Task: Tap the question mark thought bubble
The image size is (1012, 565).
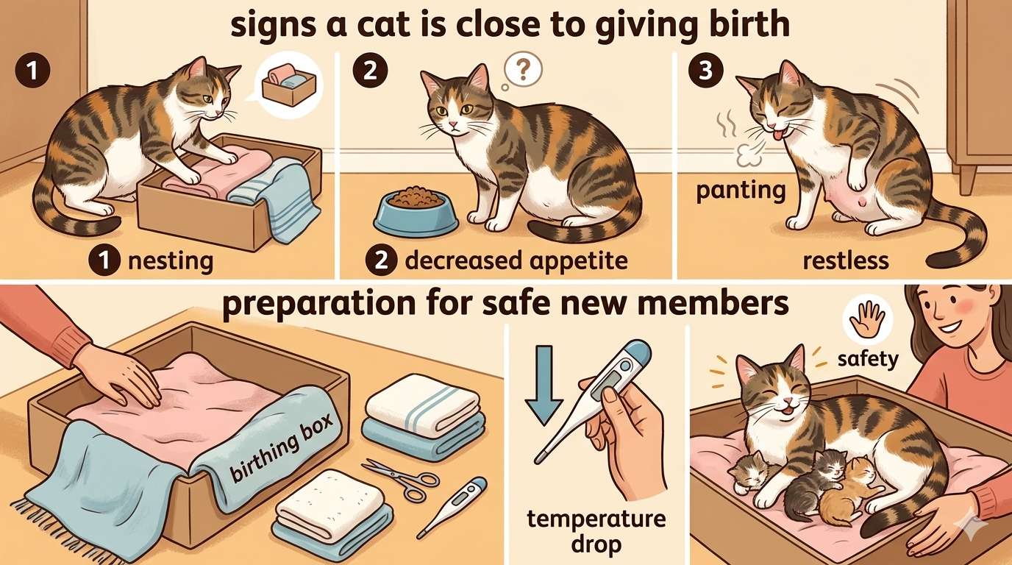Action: tap(522, 70)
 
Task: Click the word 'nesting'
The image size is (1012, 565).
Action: tap(171, 261)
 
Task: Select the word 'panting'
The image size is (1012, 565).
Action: tap(741, 191)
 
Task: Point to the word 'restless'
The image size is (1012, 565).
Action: tap(846, 260)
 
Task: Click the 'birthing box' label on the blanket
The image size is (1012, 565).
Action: tap(282, 447)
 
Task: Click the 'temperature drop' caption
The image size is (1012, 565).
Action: tap(596, 532)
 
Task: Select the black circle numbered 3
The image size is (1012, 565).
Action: tap(706, 71)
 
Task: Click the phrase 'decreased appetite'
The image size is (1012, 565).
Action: tap(516, 261)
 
